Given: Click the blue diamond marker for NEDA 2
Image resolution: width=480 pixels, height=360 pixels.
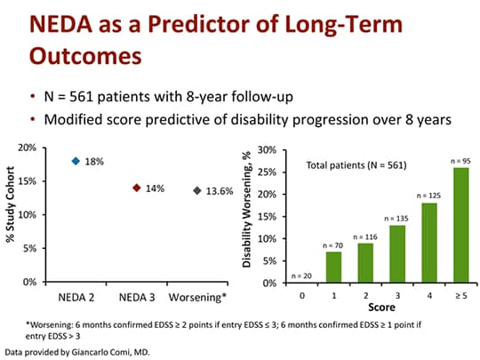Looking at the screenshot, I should point(76,161).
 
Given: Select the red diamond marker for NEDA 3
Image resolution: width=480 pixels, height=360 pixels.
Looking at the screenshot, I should point(136,188).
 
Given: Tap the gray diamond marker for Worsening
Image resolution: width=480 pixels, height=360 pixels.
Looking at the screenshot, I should point(196,190).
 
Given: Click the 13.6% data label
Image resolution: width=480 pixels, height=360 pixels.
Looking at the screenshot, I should point(219,191).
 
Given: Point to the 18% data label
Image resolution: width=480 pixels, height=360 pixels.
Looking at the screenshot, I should point(95,162).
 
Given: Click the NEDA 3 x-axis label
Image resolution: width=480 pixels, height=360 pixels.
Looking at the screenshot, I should point(136,294).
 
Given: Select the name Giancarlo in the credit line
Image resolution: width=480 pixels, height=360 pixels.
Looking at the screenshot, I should point(84,351).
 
